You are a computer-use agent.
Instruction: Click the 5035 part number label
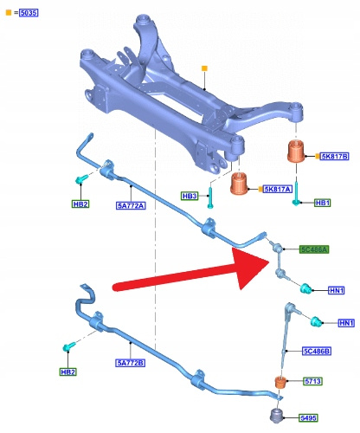point(29,13)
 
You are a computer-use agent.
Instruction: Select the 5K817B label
point(335,157)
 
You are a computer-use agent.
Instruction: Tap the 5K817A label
point(278,189)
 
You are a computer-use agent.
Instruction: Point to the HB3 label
point(190,196)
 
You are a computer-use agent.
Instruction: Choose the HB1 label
point(323,203)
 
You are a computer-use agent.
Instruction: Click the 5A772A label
point(131,205)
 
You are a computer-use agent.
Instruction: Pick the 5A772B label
point(131,363)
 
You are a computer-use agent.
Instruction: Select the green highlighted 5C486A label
point(314,249)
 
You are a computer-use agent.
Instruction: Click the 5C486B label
point(317,351)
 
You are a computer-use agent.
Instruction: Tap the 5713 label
point(312,381)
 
